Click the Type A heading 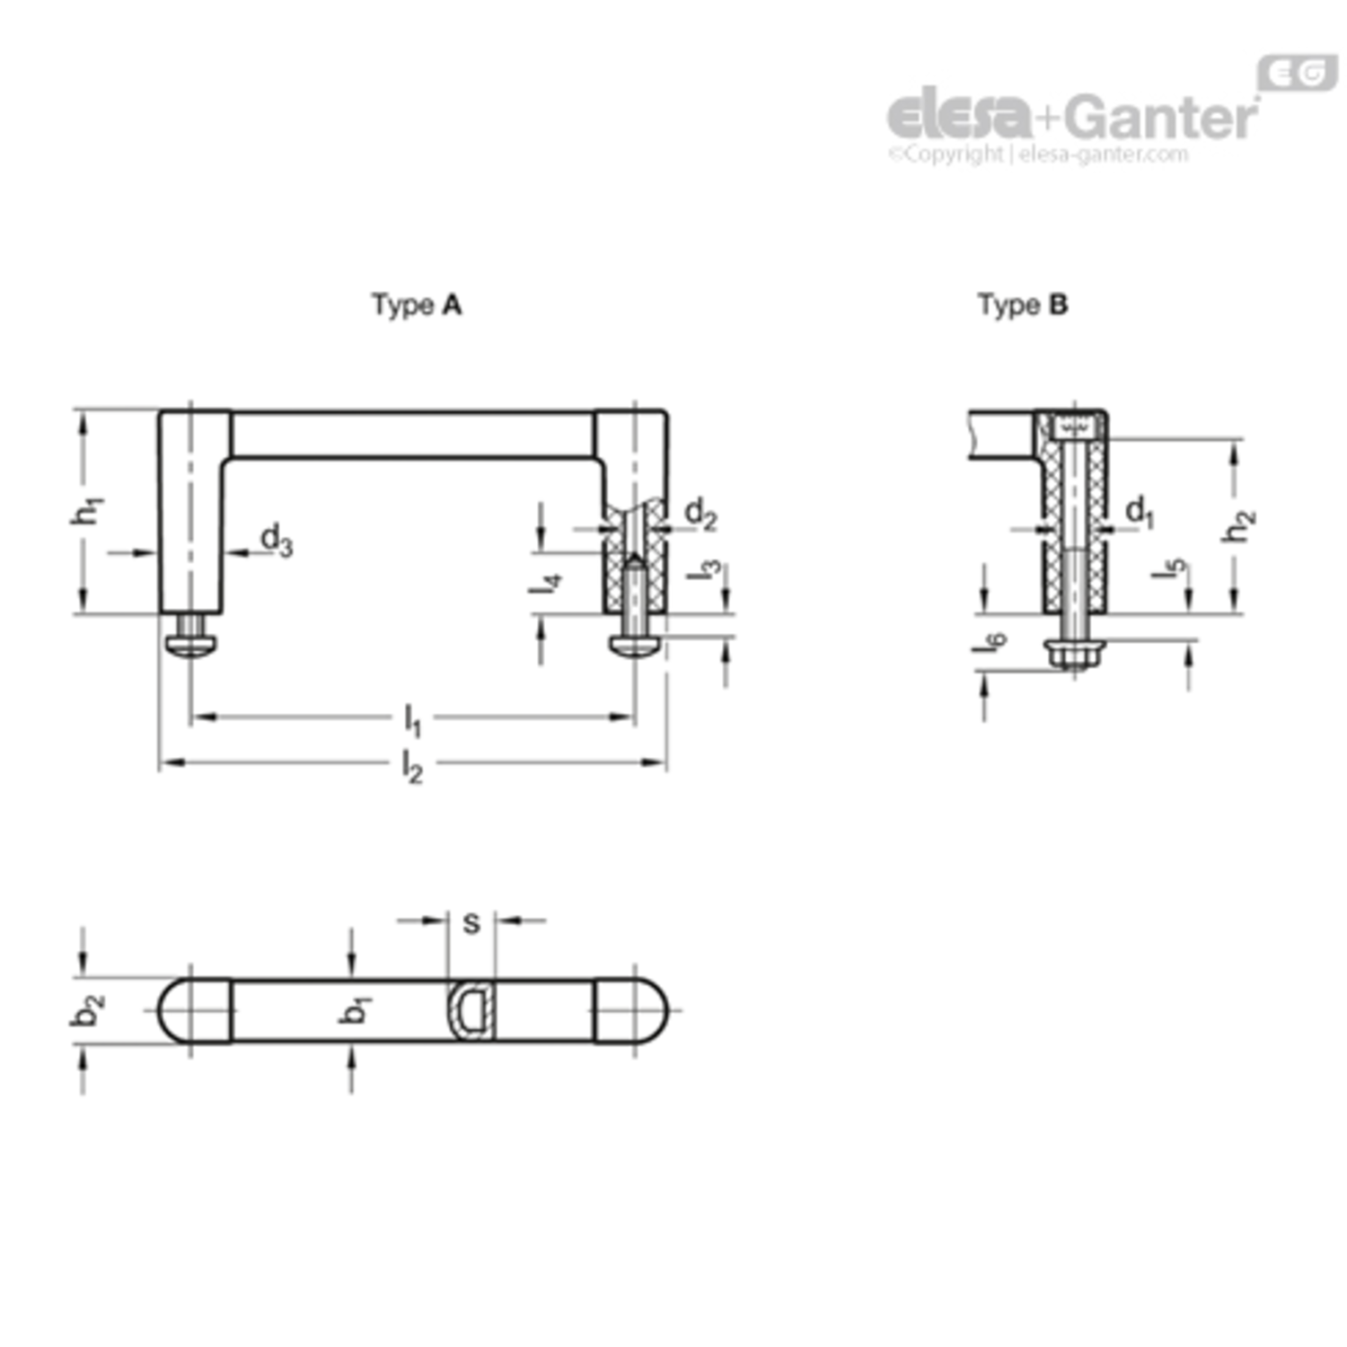coord(417,306)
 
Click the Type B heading coord(1023,306)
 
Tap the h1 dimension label coord(88,509)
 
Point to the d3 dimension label coord(276,541)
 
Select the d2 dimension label coord(700,515)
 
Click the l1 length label coord(412,720)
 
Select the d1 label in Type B coord(1140,513)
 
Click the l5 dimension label coord(1171,568)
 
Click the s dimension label coord(471,923)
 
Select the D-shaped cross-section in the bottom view coord(471,1010)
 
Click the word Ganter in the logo coord(1164,117)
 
